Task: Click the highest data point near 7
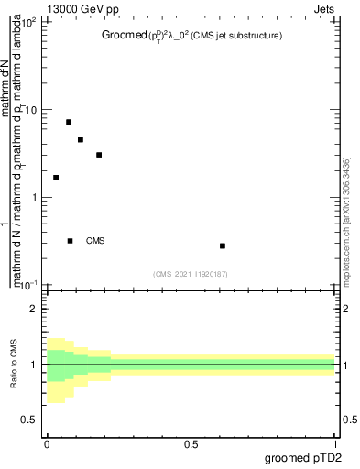[x=69, y=122]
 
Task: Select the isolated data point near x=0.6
[x=223, y=245]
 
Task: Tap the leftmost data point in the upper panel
[x=56, y=178]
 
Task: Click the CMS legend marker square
[x=71, y=241]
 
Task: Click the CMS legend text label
[x=95, y=241]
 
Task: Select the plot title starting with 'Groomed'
[x=191, y=36]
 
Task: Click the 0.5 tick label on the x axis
[x=191, y=444]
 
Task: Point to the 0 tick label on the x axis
[x=47, y=444]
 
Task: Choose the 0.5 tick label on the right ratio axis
[x=349, y=420]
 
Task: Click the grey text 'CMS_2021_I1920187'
[x=191, y=274]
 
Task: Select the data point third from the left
[x=81, y=140]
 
